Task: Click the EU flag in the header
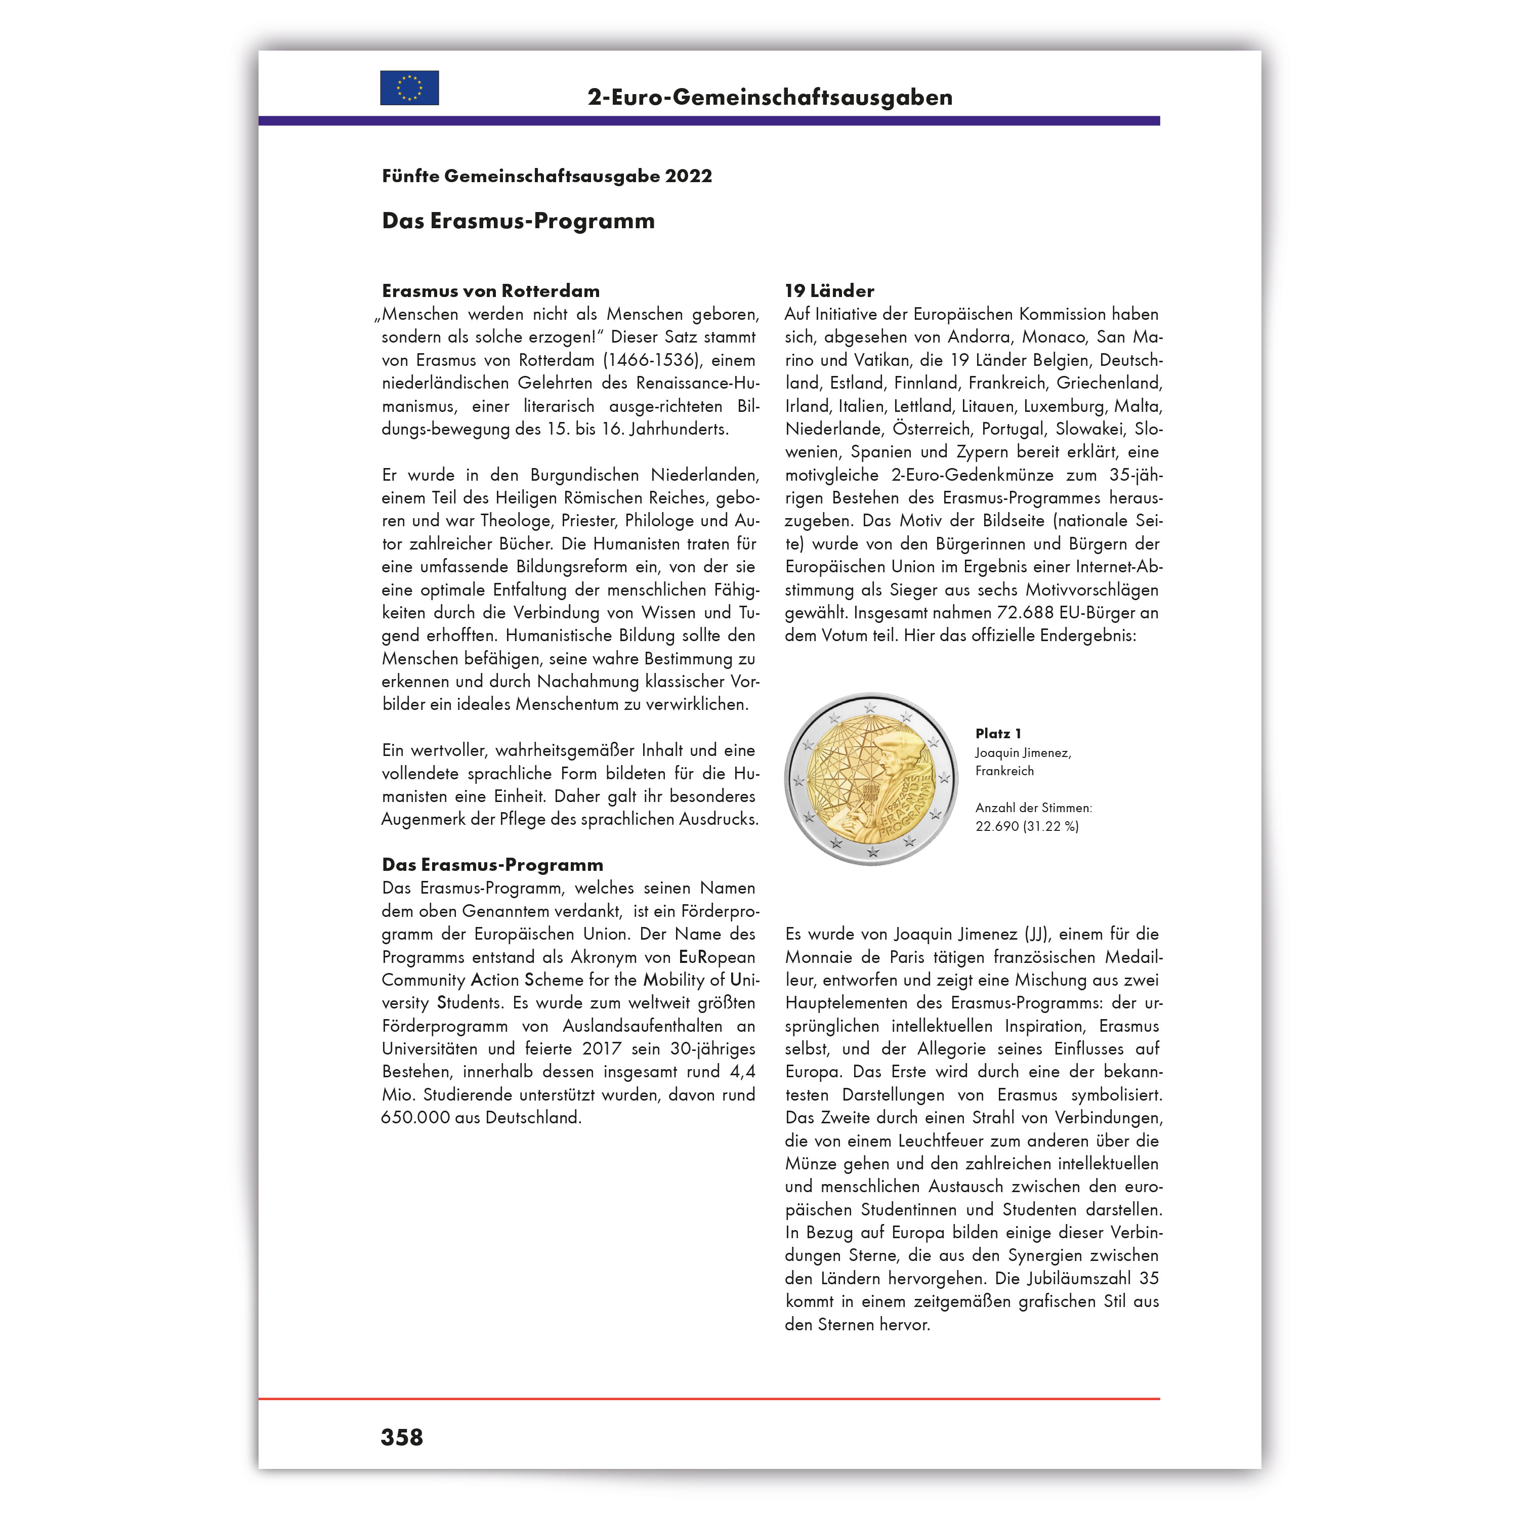(x=409, y=88)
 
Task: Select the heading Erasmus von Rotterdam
(x=490, y=291)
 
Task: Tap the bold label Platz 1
(x=998, y=733)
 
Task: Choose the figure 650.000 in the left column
(x=415, y=1117)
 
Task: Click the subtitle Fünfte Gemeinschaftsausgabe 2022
(x=547, y=176)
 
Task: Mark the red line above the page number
(x=709, y=1399)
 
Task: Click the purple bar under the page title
(x=709, y=121)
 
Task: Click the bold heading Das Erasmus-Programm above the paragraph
(x=493, y=865)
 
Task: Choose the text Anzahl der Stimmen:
(x=1033, y=808)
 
